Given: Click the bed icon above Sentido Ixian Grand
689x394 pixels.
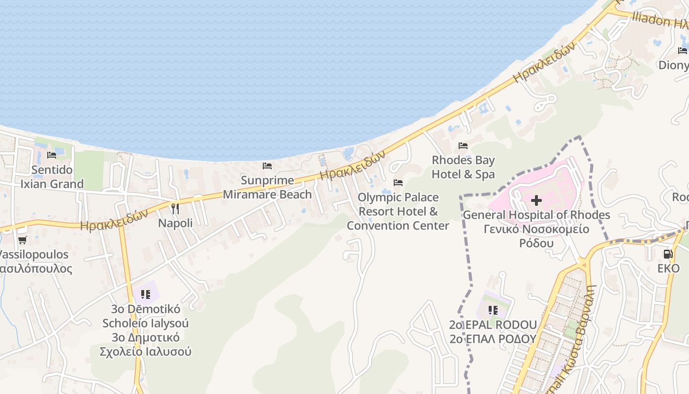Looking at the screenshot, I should click(x=52, y=155).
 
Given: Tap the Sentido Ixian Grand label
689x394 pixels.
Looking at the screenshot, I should click(x=52, y=177).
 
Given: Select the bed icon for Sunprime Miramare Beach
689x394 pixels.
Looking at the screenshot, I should click(x=267, y=166).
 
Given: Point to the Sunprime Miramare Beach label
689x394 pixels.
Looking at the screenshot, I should click(x=267, y=188).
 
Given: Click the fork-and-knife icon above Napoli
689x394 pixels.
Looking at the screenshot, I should click(x=175, y=208).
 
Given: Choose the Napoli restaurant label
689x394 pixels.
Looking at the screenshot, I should click(x=175, y=223).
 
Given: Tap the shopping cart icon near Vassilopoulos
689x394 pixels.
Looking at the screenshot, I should click(x=22, y=240).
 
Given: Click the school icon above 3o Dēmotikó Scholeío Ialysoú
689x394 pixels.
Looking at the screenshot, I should click(x=146, y=295).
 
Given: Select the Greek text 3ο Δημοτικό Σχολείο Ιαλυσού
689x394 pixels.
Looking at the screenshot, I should click(x=146, y=345).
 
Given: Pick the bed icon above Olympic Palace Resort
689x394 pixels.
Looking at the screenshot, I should click(x=398, y=183).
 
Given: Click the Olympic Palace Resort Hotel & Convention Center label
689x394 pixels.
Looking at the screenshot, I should click(x=398, y=211).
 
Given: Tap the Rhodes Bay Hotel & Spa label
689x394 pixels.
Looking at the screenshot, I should click(x=463, y=167).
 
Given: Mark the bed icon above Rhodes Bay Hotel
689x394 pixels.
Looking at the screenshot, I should click(x=463, y=146).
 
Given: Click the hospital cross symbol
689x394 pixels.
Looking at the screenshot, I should click(x=536, y=200).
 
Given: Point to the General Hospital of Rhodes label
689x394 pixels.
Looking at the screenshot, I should click(x=536, y=215).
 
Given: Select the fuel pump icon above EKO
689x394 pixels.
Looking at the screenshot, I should click(x=668, y=254).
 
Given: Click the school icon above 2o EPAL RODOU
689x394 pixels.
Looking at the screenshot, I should click(x=493, y=310).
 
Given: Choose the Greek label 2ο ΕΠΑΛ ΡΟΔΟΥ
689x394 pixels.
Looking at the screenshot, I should click(x=493, y=339).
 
